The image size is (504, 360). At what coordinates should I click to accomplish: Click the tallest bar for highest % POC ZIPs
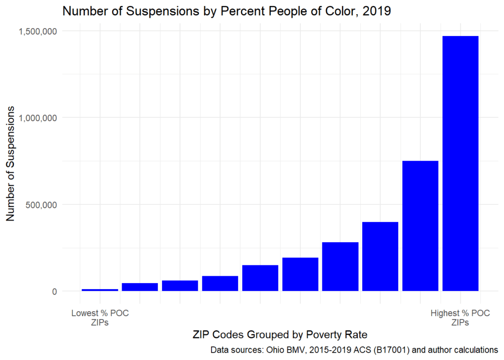pyautogui.click(x=460, y=163)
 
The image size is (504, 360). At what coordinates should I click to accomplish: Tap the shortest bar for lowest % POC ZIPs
pyautogui.click(x=100, y=290)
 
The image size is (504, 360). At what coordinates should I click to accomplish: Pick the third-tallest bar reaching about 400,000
pyautogui.click(x=380, y=256)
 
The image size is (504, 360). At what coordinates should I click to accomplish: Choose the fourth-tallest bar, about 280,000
pyautogui.click(x=340, y=266)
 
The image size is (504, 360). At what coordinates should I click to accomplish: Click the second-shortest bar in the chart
pyautogui.click(x=140, y=287)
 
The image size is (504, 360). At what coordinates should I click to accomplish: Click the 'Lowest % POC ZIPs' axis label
pyautogui.click(x=100, y=318)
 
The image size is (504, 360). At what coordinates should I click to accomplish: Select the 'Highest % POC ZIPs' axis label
pyautogui.click(x=460, y=318)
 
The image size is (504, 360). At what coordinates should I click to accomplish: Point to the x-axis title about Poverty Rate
pyautogui.click(x=280, y=335)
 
